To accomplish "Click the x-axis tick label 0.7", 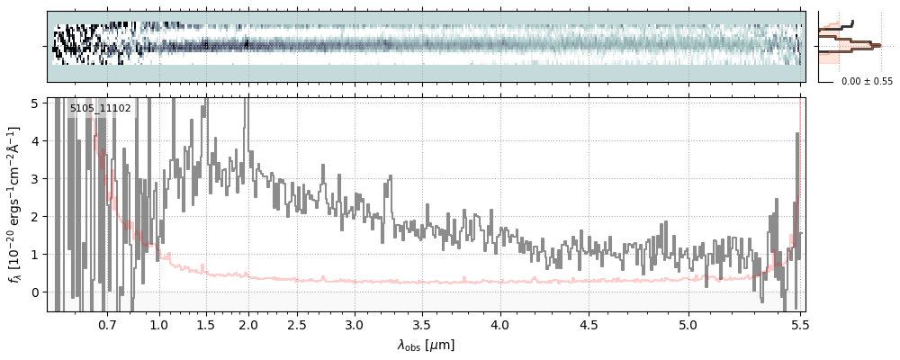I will click(107, 324).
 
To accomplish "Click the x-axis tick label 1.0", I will click(159, 324).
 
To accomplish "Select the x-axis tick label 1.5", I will click(205, 324).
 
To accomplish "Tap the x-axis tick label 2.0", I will click(248, 324).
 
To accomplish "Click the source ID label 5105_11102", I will click(101, 109).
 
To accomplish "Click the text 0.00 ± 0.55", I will click(867, 81).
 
